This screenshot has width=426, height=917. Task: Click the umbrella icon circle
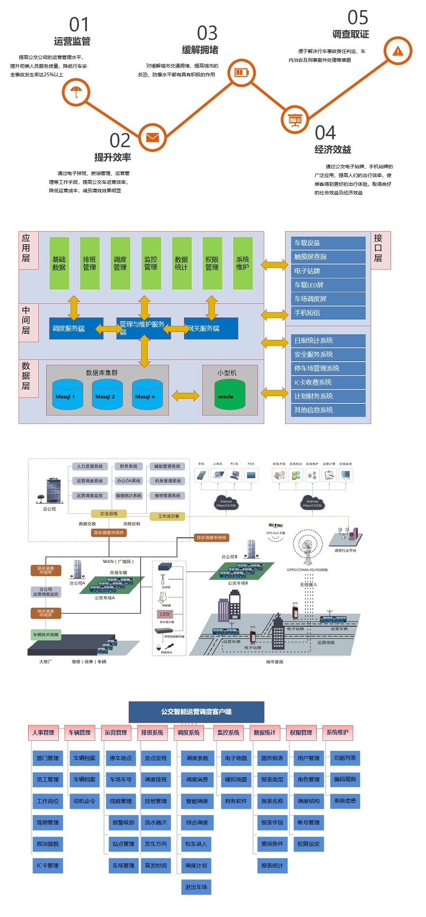pos(76,92)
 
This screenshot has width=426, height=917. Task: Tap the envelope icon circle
pos(153,137)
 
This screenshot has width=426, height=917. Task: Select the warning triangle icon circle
pos(398,50)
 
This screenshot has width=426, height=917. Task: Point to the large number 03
pos(207,33)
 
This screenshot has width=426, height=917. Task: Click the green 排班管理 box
pos(89,263)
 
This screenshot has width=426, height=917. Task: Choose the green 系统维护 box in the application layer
pos(242,263)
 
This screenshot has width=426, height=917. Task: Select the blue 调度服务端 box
pos(76,329)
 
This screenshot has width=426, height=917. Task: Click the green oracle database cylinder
pos(230,394)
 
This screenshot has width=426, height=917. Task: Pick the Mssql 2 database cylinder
pos(107,395)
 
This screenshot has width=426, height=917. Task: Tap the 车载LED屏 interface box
pos(329,285)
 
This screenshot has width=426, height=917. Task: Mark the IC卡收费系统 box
pos(329,382)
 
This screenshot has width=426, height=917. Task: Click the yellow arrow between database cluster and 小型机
pos(186,395)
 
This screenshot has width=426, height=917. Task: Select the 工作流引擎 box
pos(168,516)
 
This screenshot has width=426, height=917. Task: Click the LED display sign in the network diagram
pos(165,614)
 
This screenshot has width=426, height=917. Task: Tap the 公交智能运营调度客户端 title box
pos(196,712)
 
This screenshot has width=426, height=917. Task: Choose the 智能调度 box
pos(197,801)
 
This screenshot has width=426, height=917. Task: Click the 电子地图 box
pos(236,758)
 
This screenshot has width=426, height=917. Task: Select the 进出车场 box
pos(196,887)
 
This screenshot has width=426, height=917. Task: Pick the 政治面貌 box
pos(48,844)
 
